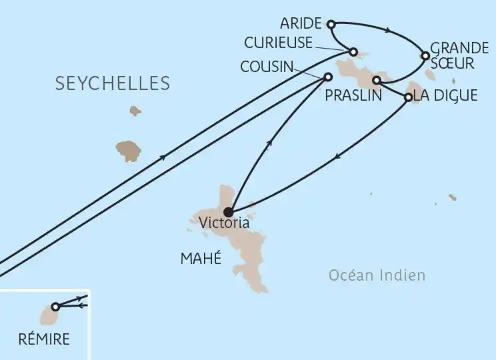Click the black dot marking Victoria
(x=229, y=212)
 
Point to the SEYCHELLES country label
(x=113, y=84)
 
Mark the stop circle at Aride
(x=331, y=25)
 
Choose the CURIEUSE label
(x=279, y=43)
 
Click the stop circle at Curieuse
(x=354, y=52)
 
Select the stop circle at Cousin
(x=327, y=77)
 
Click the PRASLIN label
(x=353, y=95)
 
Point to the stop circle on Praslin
(x=376, y=81)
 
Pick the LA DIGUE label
(x=445, y=95)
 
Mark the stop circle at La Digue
(x=408, y=97)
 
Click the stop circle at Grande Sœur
(x=424, y=56)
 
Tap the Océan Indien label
(x=377, y=275)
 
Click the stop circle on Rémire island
(x=55, y=307)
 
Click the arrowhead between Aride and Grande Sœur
(x=387, y=29)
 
